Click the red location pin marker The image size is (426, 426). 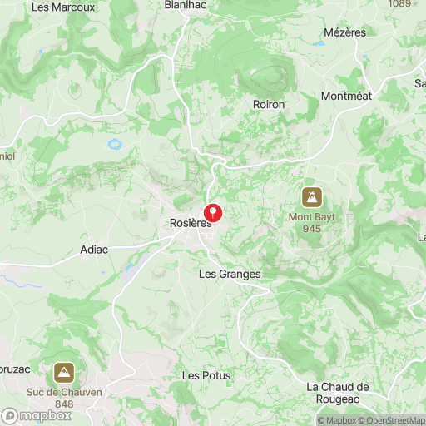(213, 212)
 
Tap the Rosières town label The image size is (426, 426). (191, 223)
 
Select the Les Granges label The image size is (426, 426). (230, 274)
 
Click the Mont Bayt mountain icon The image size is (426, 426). (312, 197)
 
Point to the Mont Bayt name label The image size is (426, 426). (312, 217)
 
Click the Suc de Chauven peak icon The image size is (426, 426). (64, 372)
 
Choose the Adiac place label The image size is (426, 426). (94, 249)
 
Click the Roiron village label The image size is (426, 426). (269, 104)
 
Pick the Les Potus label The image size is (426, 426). (206, 376)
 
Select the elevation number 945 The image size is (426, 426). (312, 229)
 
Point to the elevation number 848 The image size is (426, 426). (64, 404)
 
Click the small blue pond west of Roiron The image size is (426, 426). (114, 144)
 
